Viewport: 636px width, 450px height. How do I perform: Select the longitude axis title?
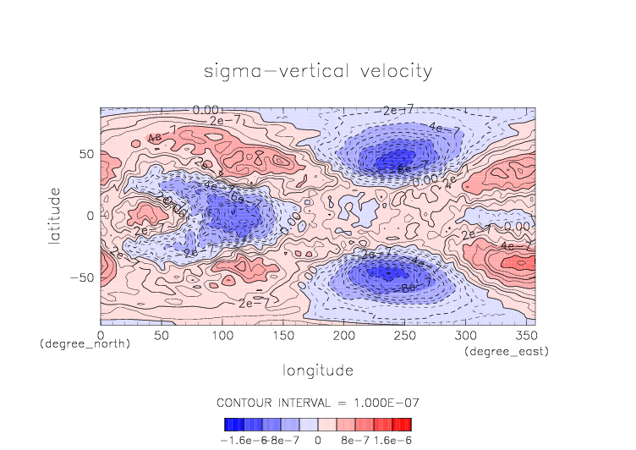coord(318,370)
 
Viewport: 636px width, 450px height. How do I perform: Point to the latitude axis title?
coord(56,217)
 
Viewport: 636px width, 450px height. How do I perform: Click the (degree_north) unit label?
coord(85,345)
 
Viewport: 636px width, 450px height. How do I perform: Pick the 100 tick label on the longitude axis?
coord(222,336)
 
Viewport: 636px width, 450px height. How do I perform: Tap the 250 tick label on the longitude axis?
coord(403,336)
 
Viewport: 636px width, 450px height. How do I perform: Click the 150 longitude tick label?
coord(282,336)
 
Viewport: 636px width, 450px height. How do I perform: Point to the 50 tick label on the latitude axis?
coord(86,155)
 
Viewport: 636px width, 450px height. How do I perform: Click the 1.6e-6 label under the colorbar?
coord(392,441)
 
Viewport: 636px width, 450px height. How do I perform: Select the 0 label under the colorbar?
coord(317,441)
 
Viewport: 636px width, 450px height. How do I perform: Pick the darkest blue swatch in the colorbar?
coord(228,425)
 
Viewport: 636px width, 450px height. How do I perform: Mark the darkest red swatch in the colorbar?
coord(408,425)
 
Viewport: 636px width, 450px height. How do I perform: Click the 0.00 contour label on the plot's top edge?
coord(206,110)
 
